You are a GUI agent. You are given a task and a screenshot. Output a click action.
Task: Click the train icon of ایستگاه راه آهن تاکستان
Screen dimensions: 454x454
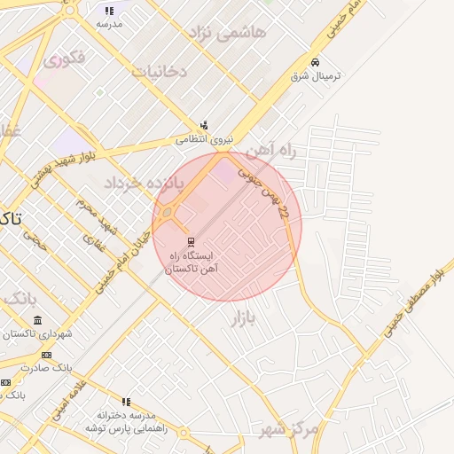[190, 242]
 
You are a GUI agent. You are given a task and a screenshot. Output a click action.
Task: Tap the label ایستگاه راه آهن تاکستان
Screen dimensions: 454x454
[193, 261]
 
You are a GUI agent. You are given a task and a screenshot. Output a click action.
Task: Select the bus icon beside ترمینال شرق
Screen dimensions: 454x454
[315, 62]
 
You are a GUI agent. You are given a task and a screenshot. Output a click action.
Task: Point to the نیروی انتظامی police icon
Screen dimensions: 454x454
[205, 125]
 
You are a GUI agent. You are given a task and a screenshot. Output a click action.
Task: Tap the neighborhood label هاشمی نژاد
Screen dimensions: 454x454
[226, 33]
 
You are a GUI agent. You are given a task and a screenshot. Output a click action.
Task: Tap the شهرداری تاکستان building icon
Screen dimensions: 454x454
[36, 320]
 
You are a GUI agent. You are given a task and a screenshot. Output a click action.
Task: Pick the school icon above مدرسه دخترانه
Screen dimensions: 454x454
[126, 402]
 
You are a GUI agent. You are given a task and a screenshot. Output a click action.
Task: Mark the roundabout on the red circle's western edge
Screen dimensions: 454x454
[166, 213]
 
